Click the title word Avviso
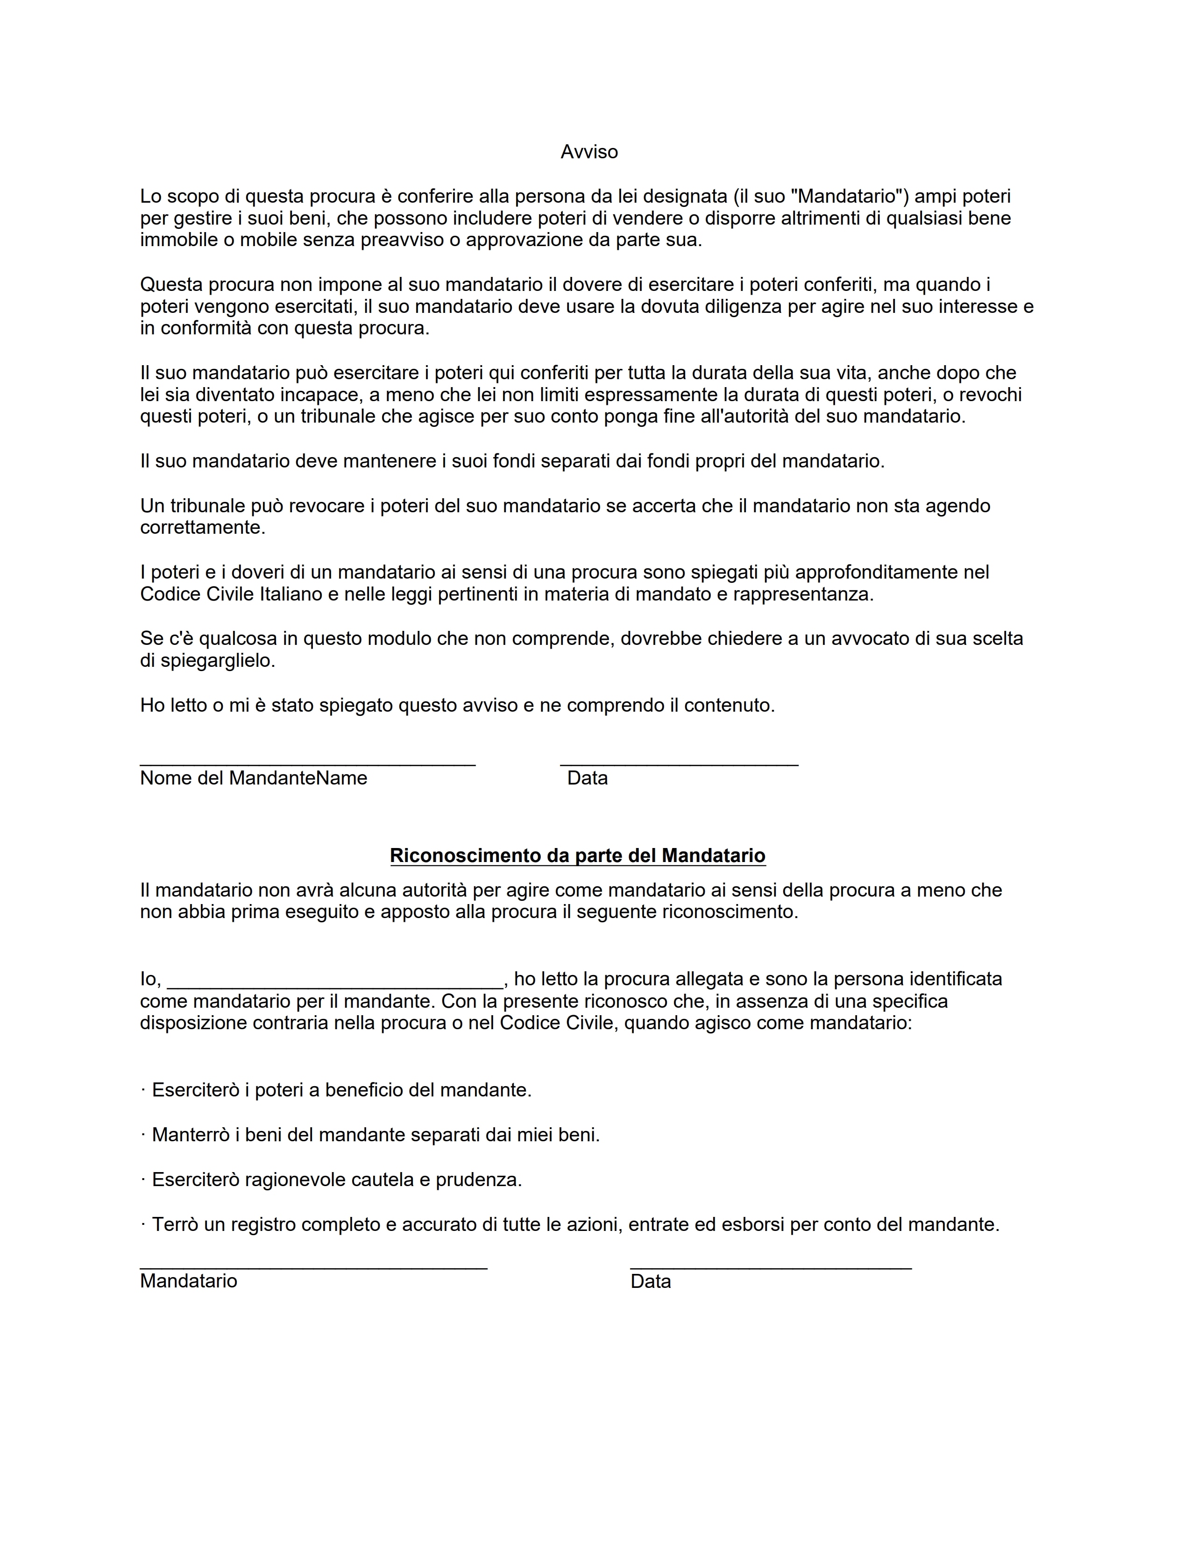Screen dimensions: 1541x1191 click(589, 152)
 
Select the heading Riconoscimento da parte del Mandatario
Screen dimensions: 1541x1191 click(577, 856)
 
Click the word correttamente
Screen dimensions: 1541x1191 click(203, 528)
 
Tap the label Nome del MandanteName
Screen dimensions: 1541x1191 click(253, 778)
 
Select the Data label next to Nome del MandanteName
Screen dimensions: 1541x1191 click(587, 778)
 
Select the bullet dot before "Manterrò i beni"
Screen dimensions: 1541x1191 click(143, 1135)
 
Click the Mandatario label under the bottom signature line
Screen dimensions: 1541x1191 click(188, 1281)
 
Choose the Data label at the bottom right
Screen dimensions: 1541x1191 click(651, 1281)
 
